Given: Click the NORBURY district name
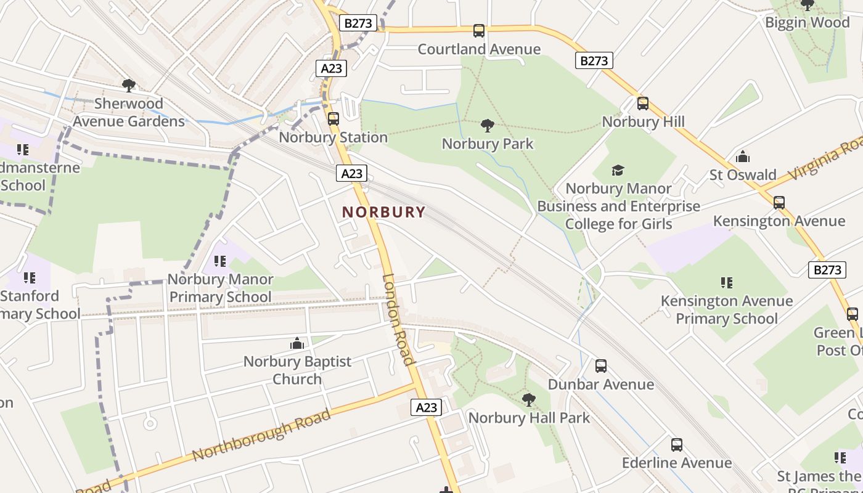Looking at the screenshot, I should (383, 212).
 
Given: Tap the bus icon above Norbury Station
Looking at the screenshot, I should (333, 118).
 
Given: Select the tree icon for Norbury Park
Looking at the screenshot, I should (488, 126).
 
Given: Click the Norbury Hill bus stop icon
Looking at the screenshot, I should (643, 103).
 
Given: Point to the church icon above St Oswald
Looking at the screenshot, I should (743, 157).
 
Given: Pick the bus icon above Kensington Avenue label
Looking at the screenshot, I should (779, 202).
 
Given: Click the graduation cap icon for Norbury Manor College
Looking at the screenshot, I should (618, 170).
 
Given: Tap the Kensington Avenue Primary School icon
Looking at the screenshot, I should (727, 283).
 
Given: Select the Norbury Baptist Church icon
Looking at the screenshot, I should (297, 343).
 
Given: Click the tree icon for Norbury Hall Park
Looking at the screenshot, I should (528, 399).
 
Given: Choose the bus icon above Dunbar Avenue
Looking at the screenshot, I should (601, 366).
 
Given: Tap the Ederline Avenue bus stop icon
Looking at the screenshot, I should (677, 444).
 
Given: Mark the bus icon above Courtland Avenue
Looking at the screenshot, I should (479, 31).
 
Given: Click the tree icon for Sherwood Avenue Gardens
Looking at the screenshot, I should (129, 85).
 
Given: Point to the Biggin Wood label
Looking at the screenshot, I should (807, 23).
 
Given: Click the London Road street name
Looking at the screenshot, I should (398, 319).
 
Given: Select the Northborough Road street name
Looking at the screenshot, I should (261, 434).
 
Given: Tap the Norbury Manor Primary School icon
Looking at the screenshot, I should (220, 261).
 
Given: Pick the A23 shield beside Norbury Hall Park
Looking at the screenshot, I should (427, 407).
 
